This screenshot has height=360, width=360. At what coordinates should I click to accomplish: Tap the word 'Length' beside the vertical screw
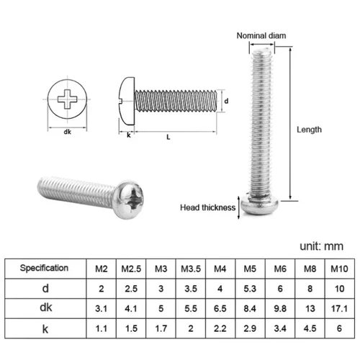310,130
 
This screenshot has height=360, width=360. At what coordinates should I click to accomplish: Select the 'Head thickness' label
208,208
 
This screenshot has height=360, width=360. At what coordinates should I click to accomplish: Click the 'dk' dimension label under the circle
67,132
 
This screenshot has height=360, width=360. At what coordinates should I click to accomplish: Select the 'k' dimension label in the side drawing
128,135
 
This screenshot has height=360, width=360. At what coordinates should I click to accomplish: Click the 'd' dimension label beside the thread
227,101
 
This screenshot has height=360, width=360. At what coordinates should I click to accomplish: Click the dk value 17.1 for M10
336,307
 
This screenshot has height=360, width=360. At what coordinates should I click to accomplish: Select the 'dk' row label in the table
45,307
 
